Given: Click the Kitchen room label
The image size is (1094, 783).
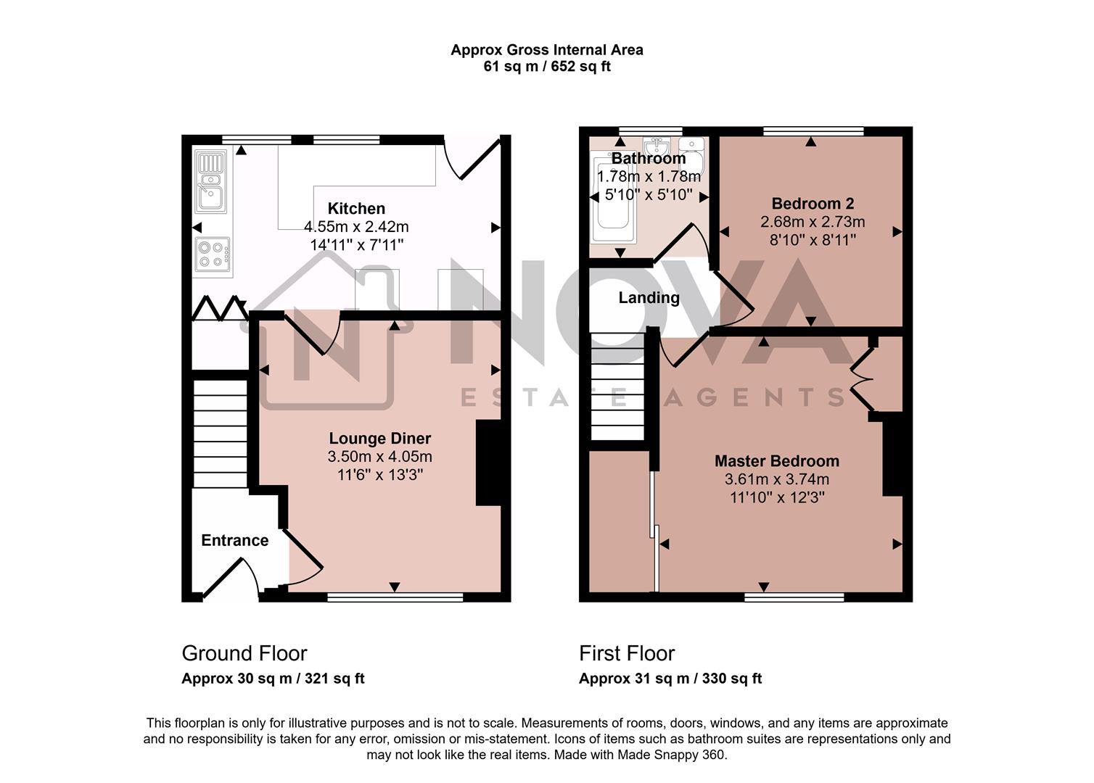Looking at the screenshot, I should (356, 209).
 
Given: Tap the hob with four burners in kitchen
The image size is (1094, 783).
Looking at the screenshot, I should (213, 257).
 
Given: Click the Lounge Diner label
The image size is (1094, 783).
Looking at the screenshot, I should (379, 438).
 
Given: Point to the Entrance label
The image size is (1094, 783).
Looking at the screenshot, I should (234, 540).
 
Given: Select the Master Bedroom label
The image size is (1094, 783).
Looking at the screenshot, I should (776, 461).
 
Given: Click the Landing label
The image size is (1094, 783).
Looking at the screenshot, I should (649, 297).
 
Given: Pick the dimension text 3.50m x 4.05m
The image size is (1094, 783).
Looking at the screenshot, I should (379, 457).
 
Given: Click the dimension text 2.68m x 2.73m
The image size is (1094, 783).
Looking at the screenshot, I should (813, 222).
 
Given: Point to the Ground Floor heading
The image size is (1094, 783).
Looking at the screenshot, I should (244, 653).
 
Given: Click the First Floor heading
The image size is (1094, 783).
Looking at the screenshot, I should (627, 653).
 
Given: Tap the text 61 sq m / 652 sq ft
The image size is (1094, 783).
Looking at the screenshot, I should (546, 67).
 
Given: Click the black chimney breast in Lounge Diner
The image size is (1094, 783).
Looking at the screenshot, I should (488, 463).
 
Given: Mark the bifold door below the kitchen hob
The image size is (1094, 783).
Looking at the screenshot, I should (218, 308).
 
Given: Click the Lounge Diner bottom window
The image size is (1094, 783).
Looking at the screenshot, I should (395, 597).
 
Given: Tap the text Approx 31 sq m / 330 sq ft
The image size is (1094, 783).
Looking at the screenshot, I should (670, 679).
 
